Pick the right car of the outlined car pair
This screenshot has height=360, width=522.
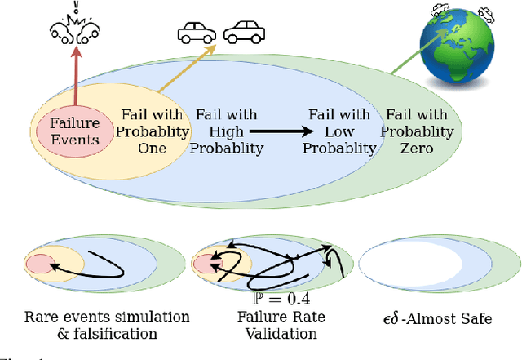point(242,33)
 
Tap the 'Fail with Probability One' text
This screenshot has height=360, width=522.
point(155,131)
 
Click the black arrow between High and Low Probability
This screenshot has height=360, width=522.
point(281,131)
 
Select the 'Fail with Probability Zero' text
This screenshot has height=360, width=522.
point(419,131)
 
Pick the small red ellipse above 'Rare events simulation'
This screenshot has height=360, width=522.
point(39,264)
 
